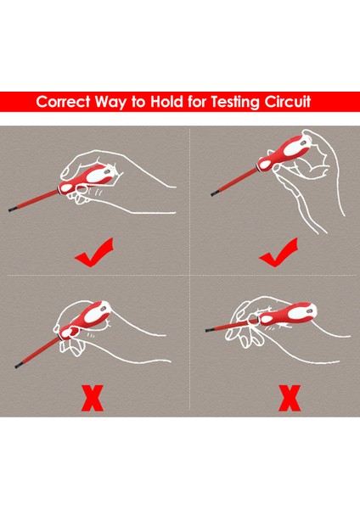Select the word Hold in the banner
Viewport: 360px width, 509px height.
coord(169,102)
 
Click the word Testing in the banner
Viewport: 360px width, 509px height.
coord(238,102)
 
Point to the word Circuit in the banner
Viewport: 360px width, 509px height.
coord(295,102)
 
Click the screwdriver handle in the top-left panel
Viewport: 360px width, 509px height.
coord(86,176)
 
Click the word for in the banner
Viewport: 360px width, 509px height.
coord(200,102)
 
